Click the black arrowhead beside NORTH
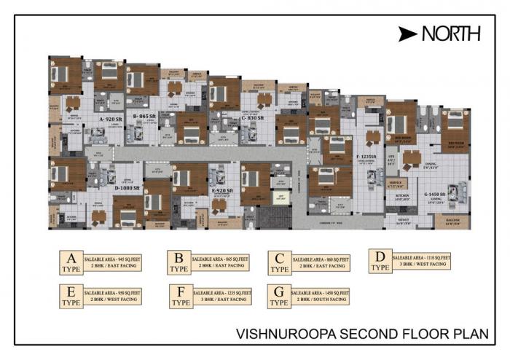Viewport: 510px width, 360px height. click(409, 34)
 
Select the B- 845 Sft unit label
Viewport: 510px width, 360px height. click(146, 115)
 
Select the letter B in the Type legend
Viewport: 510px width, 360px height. click(177, 257)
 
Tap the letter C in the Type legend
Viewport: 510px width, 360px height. click(279, 257)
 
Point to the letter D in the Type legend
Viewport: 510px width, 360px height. click(380, 256)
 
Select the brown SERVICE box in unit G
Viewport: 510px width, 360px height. click(396, 184)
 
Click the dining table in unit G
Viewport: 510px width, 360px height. click(413, 158)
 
